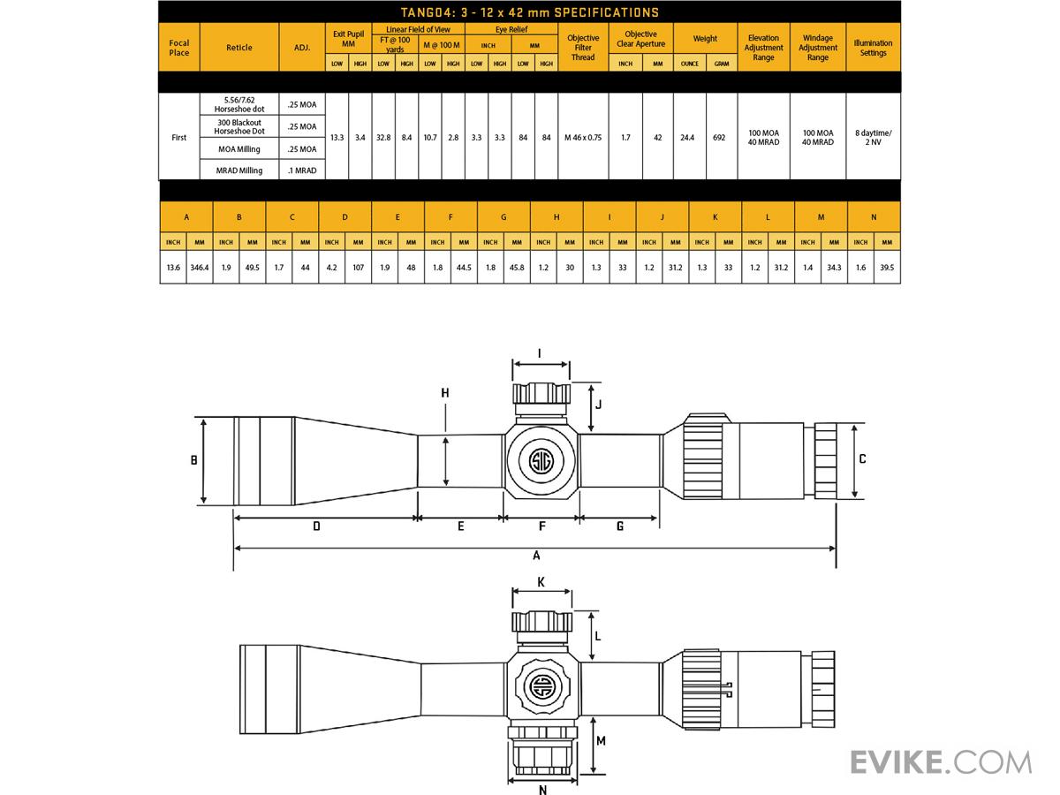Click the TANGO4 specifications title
(530, 12)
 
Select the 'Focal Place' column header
(178, 48)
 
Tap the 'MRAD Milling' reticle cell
(239, 170)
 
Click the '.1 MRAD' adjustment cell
(302, 170)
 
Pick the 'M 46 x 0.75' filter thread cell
(583, 138)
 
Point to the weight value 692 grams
(719, 138)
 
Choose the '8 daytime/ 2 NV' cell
(873, 138)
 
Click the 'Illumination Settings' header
(873, 48)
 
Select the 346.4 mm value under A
(200, 268)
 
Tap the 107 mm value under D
(358, 268)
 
